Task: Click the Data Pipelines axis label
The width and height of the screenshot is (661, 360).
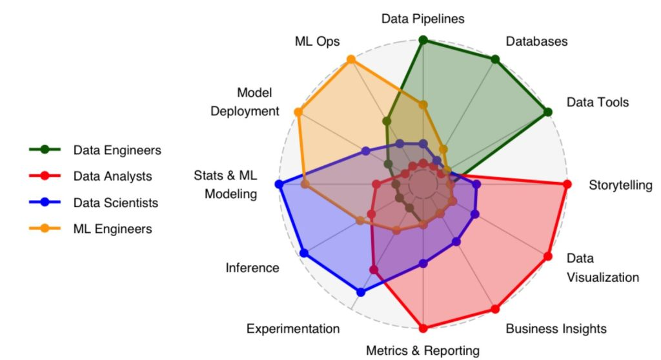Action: [x=423, y=19]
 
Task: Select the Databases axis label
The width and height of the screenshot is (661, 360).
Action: [x=536, y=41]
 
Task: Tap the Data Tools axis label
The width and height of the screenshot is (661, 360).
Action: [x=597, y=102]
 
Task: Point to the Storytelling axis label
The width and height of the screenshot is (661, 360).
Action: [x=620, y=185]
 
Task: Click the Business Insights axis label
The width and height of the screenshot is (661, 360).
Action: [x=556, y=328]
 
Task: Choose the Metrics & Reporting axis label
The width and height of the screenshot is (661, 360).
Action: [x=423, y=350]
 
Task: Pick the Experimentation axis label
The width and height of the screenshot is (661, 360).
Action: [x=293, y=328]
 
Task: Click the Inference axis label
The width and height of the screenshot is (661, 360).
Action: [x=252, y=268]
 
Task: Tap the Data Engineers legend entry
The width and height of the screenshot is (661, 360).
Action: [x=117, y=150]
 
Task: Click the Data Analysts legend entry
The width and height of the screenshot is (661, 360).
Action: [x=112, y=175]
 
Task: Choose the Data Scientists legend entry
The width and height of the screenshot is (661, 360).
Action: [x=116, y=202]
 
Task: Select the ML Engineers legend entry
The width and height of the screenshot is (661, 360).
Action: [x=112, y=228]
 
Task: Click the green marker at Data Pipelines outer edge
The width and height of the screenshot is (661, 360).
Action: [x=423, y=40]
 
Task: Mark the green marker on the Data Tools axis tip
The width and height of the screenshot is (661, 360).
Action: [x=548, y=112]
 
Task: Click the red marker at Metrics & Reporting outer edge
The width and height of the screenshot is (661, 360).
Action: [x=423, y=328]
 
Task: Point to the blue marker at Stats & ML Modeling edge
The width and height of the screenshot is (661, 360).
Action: [x=279, y=185]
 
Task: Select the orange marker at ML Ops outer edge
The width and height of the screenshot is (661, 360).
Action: [x=351, y=59]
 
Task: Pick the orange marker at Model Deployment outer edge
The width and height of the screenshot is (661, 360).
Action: [x=298, y=112]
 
